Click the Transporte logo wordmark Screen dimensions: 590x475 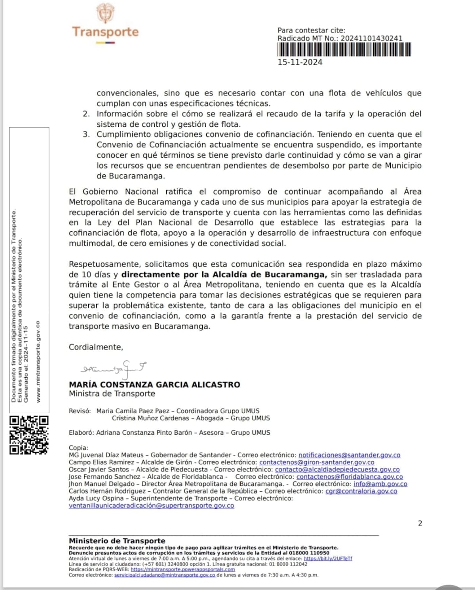[x=105, y=32]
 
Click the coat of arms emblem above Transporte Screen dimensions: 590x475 [x=105, y=13]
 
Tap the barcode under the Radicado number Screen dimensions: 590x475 [x=344, y=50]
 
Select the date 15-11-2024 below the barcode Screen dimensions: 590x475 [x=300, y=62]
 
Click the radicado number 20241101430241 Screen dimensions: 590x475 [x=371, y=38]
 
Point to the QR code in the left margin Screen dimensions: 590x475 [x=29, y=434]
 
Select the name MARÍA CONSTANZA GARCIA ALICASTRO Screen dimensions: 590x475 [x=154, y=384]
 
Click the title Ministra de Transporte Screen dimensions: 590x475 [x=112, y=393]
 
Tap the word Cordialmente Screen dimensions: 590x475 [x=96, y=347]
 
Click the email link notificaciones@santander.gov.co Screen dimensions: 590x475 [x=349, y=455]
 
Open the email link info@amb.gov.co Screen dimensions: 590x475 [x=380, y=484]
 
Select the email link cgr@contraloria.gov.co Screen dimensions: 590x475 [x=361, y=491]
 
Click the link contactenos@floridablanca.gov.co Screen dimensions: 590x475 [x=350, y=477]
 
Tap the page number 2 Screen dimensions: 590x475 [x=420, y=523]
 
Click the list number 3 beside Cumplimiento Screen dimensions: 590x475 [x=86, y=134]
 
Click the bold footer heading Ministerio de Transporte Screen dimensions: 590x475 [x=117, y=541]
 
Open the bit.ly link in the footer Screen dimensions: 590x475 [x=328, y=558]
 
